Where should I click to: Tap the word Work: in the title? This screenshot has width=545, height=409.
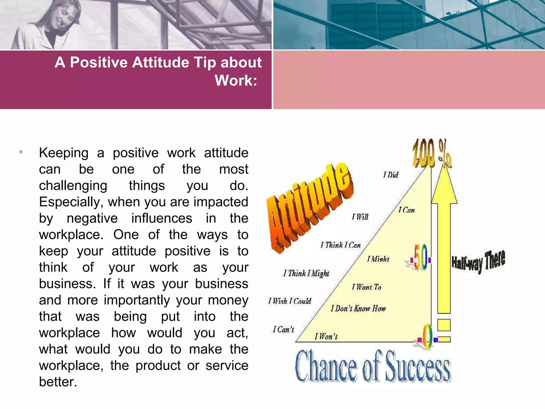tap(236, 80)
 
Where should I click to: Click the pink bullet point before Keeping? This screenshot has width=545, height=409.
tap(21, 152)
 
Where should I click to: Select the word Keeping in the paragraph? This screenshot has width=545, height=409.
tap(64, 153)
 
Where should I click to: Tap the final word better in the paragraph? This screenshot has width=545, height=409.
tap(58, 382)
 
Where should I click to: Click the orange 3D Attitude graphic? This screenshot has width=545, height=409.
tap(310, 208)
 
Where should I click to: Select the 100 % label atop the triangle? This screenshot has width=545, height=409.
tap(431, 153)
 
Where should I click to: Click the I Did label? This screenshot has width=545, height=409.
tap(391, 175)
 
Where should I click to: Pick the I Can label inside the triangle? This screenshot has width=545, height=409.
tap(406, 210)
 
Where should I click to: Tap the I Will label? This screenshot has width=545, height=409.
tap(360, 217)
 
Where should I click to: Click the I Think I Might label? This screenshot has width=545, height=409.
tap(306, 273)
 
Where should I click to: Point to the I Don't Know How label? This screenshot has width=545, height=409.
tap(358, 309)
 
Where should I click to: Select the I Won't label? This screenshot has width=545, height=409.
tap(326, 337)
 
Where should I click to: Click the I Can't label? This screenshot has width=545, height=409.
tap(283, 330)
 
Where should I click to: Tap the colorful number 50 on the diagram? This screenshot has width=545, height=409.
tap(420, 257)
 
